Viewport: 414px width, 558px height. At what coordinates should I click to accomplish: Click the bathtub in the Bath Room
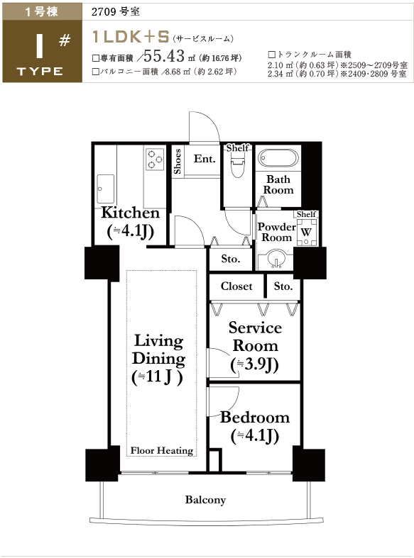tap(278, 157)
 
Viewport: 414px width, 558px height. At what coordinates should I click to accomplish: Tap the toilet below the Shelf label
tap(237, 164)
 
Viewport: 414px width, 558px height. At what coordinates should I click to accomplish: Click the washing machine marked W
tap(305, 233)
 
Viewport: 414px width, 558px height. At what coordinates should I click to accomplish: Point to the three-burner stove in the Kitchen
tap(154, 159)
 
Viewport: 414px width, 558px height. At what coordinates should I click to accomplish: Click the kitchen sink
tap(106, 189)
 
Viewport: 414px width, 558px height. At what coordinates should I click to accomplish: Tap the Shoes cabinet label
tap(177, 162)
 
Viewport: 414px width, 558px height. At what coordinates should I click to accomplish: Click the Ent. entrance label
tap(205, 159)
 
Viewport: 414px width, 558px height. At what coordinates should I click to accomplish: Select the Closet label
tap(236, 286)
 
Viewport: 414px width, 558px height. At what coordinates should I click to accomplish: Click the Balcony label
tap(205, 500)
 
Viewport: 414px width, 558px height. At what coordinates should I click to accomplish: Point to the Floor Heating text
tap(162, 450)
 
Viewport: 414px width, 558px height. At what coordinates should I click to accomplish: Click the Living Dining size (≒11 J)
tap(158, 376)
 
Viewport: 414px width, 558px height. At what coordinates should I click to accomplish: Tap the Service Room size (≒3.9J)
tap(254, 364)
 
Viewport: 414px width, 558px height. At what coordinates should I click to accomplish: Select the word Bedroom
tap(255, 418)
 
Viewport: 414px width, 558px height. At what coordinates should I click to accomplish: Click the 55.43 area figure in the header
tap(164, 56)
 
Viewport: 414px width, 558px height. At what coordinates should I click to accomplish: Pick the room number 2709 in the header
tap(104, 12)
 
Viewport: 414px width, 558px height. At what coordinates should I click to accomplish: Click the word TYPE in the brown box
tap(40, 71)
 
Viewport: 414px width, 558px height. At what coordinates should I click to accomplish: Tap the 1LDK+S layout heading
tap(131, 37)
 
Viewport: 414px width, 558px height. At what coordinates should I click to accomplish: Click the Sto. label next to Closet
tap(283, 286)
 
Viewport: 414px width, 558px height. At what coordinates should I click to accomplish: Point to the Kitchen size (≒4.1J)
tap(131, 232)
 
